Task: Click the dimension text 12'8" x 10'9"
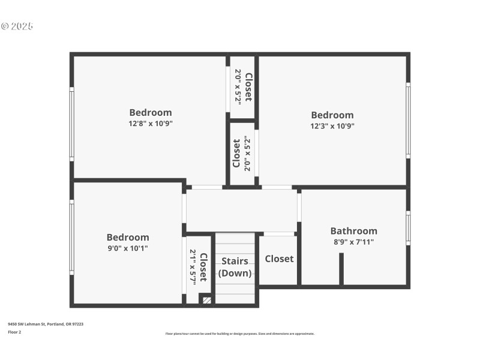(x=151, y=124)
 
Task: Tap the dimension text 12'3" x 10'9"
(x=332, y=126)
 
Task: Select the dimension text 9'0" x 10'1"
(x=128, y=248)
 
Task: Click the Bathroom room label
(x=354, y=231)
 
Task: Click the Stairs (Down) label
(x=235, y=267)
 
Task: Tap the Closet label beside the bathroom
(x=280, y=259)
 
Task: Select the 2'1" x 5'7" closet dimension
(x=193, y=267)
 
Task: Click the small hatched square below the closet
(x=206, y=299)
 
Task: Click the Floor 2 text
(x=14, y=332)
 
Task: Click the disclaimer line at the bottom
(x=240, y=334)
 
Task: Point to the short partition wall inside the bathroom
(x=341, y=268)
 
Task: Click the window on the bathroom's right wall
(x=408, y=228)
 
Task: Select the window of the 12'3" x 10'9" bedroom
(x=408, y=120)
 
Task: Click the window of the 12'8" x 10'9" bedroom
(x=72, y=124)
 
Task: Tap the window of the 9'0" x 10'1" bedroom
(x=72, y=237)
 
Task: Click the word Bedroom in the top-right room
(x=332, y=115)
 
